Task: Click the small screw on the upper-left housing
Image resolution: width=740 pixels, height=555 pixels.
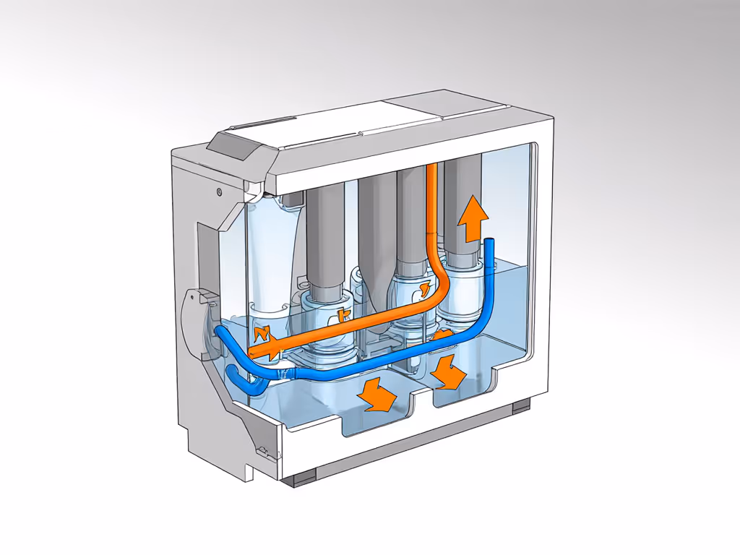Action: tap(218, 192)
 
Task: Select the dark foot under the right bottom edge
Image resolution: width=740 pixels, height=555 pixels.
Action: tap(520, 408)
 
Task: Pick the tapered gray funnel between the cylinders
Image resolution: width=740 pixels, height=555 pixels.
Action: tap(376, 231)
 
